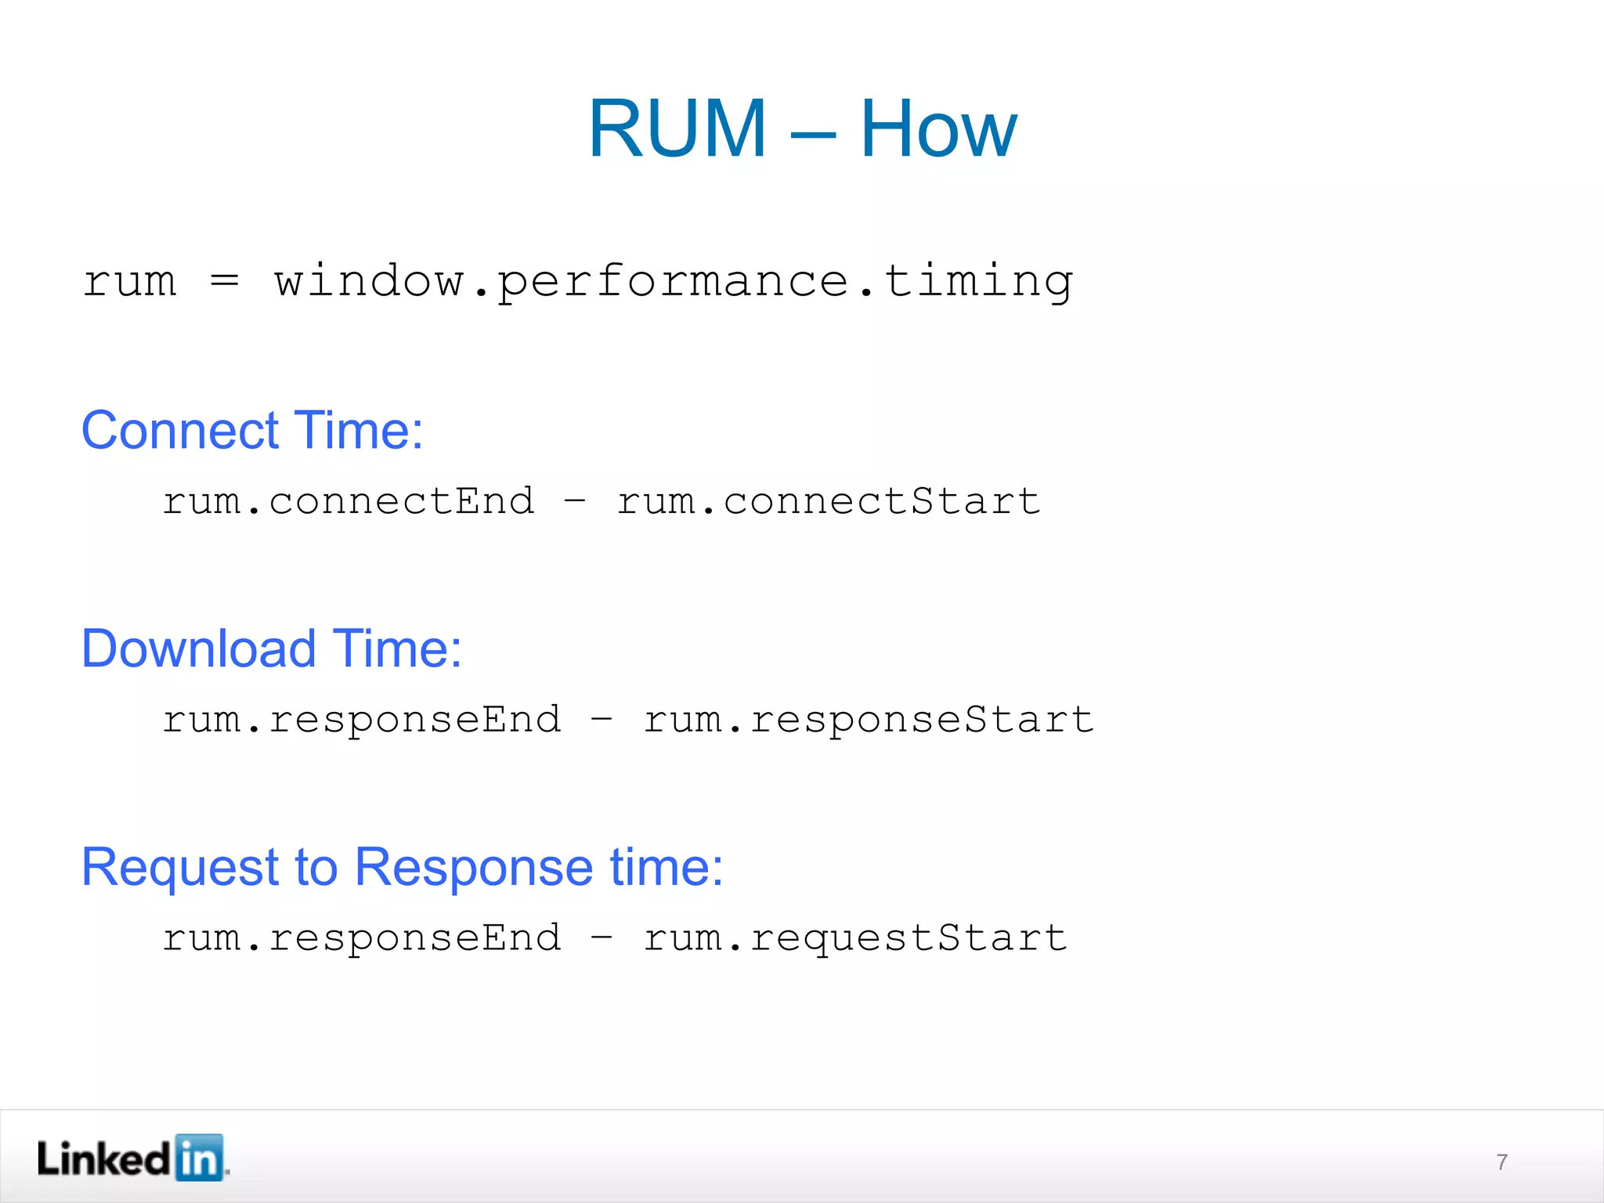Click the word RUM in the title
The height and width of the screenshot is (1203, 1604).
677,129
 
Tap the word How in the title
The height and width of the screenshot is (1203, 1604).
938,129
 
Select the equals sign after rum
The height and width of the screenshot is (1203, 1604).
225,280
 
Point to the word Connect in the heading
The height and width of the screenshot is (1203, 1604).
180,431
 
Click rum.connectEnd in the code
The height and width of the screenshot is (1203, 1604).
349,501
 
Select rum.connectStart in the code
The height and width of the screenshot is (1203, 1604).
829,501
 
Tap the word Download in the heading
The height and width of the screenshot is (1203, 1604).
199,649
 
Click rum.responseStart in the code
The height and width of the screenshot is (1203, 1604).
868,720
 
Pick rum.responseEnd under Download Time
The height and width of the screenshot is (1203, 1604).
362,720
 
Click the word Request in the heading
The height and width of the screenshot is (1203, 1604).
180,868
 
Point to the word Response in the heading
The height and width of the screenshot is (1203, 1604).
474,868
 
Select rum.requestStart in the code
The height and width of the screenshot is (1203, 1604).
855,938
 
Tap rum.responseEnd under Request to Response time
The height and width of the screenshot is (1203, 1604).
362,938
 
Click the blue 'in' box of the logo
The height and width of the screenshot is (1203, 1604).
199,1158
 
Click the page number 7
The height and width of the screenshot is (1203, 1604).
1501,1161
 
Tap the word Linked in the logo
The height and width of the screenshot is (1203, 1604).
103,1159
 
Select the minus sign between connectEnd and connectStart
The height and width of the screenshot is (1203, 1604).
575,501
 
